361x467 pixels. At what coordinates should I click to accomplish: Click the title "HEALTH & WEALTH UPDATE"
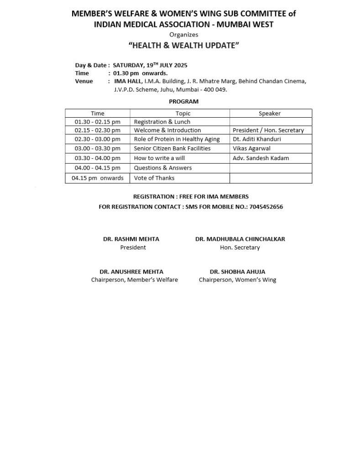pyautogui.click(x=184, y=46)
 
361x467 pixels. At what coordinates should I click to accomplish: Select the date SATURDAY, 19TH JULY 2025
pyautogui.click(x=150, y=65)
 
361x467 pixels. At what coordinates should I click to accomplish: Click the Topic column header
pyautogui.click(x=183, y=113)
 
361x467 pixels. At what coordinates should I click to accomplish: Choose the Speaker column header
pyautogui.click(x=270, y=113)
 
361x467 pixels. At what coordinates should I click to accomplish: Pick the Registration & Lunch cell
pyautogui.click(x=162, y=122)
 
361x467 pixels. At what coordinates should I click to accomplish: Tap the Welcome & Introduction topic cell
pyautogui.click(x=167, y=130)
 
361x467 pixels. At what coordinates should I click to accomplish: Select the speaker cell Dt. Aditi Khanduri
pyautogui.click(x=257, y=139)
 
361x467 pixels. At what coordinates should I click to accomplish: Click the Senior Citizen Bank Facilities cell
pyautogui.click(x=172, y=148)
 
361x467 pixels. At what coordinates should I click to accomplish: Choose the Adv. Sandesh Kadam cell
pyautogui.click(x=261, y=158)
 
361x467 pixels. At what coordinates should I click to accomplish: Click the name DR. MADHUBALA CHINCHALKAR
pyautogui.click(x=240, y=239)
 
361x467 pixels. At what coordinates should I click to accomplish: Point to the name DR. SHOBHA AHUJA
pyautogui.click(x=237, y=271)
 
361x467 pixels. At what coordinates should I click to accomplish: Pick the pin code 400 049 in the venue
pyautogui.click(x=216, y=90)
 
